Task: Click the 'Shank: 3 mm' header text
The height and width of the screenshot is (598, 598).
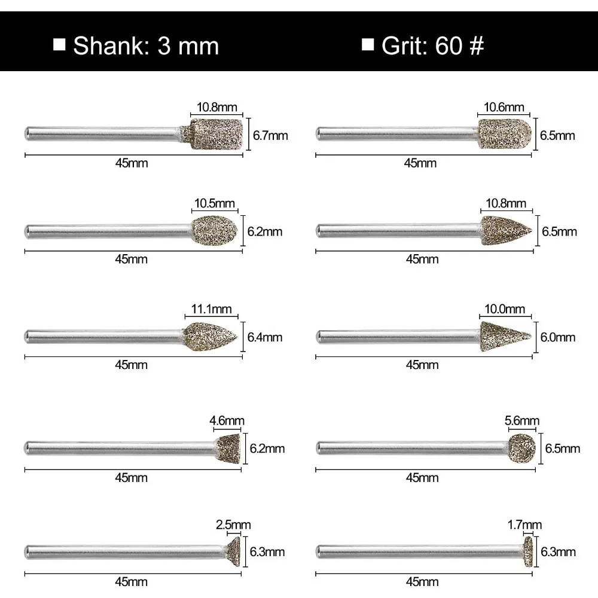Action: (146, 46)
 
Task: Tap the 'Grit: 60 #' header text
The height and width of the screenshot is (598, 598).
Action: (433, 45)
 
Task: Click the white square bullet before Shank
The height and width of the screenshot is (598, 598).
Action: (59, 44)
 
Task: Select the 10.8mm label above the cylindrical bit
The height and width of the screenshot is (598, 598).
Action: (216, 107)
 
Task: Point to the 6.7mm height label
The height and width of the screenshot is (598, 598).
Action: (270, 135)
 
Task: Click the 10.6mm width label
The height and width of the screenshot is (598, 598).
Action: (504, 107)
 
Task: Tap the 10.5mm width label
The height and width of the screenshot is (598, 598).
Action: (214, 203)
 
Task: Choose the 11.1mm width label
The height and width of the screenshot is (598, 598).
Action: (211, 309)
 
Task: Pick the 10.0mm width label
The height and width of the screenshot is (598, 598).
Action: (505, 309)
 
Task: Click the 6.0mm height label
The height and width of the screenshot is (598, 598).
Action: (557, 337)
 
